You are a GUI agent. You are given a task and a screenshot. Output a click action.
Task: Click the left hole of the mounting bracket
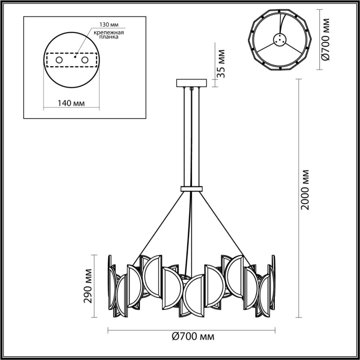[59, 60]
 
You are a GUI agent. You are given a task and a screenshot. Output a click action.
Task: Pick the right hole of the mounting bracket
[85, 60]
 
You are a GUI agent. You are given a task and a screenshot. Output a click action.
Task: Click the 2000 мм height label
[305, 189]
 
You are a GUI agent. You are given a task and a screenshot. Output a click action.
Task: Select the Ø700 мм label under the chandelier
[192, 337]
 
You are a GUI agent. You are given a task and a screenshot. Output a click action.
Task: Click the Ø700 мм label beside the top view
[325, 40]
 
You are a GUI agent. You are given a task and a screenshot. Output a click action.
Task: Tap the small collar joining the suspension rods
[192, 189]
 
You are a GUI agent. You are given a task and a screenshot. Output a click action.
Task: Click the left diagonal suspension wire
[158, 226]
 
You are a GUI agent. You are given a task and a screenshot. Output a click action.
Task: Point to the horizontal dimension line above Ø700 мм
[192, 330]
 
